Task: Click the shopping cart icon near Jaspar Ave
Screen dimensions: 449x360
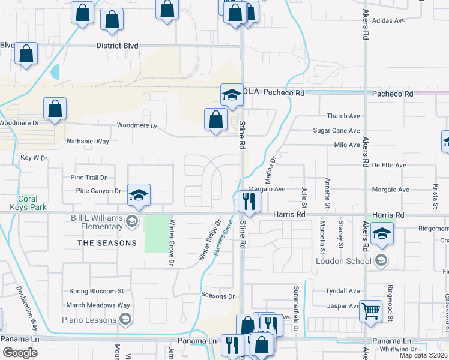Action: pos(371,311)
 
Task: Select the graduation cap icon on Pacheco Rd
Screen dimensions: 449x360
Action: pos(232,94)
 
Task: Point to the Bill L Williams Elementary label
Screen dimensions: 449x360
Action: pos(96,222)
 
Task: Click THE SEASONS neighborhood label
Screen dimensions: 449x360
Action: pos(107,243)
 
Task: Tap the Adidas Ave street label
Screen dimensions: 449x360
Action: pos(389,20)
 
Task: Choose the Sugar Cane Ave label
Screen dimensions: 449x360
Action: pos(336,130)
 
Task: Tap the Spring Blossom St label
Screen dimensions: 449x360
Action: pos(96,291)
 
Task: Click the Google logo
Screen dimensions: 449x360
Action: pos(20,352)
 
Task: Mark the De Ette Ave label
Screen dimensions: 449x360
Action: pos(388,165)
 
